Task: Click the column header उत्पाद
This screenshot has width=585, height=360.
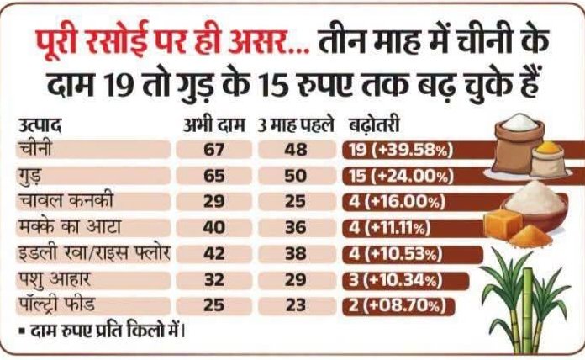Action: click(x=40, y=125)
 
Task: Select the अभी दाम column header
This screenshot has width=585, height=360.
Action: click(x=213, y=125)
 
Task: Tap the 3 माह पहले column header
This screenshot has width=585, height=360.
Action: click(x=296, y=125)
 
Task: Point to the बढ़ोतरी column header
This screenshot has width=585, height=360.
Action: click(x=374, y=125)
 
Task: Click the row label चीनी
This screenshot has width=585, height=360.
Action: click(x=35, y=149)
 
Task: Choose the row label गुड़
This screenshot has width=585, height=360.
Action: click(x=30, y=176)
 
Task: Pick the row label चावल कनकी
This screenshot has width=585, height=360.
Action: click(x=66, y=201)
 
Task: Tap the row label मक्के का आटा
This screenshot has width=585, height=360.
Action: click(x=70, y=227)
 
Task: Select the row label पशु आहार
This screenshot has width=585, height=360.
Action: click(x=54, y=280)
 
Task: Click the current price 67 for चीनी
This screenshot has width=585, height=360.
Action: click(x=213, y=150)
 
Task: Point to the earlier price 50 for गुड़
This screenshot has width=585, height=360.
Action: click(x=296, y=176)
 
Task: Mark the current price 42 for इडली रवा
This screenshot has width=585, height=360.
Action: click(x=213, y=254)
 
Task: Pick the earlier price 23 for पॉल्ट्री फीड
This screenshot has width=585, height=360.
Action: click(x=296, y=306)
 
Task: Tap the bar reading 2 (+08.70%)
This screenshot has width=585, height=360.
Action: click(x=398, y=306)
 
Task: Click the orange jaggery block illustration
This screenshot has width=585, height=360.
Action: click(x=503, y=223)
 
